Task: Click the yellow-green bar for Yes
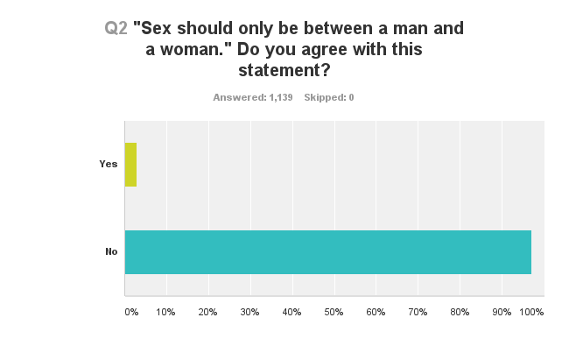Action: pyautogui.click(x=130, y=165)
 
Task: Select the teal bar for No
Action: pyautogui.click(x=327, y=252)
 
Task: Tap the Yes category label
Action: pyautogui.click(x=109, y=165)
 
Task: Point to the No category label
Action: pyautogui.click(x=111, y=252)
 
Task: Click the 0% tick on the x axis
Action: pyautogui.click(x=130, y=312)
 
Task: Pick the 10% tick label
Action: pyautogui.click(x=166, y=312)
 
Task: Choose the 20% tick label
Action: pyautogui.click(x=208, y=312)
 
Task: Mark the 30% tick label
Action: pyautogui.click(x=250, y=312)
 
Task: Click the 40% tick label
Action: pyautogui.click(x=292, y=312)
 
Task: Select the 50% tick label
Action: pyautogui.click(x=334, y=312)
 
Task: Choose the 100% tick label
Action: pyautogui.click(x=532, y=312)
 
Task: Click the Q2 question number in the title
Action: pyautogui.click(x=116, y=28)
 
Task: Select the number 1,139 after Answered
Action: pyautogui.click(x=280, y=97)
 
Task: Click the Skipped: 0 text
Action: pyautogui.click(x=329, y=97)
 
